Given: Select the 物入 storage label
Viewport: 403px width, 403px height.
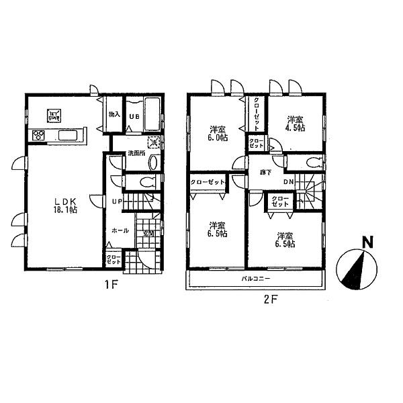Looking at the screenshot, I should tap(114, 115).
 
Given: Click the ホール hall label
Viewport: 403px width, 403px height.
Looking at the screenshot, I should tap(120, 230).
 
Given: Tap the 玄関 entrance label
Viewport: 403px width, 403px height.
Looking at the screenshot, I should tap(148, 234).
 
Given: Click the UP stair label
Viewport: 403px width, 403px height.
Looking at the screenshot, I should tap(117, 201).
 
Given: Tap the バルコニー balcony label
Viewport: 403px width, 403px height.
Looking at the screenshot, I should tap(255, 277).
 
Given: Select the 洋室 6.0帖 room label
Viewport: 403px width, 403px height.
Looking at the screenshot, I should tap(217, 132).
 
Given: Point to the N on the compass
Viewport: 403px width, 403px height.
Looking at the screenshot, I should tap(366, 242).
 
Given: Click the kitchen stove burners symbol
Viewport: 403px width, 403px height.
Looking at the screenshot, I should tap(38, 136).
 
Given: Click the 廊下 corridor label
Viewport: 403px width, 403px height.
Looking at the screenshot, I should tap(265, 172).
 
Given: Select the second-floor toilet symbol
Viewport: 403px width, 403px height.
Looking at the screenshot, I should tap(310, 162).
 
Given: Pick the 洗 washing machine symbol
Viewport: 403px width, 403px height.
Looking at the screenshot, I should tap(153, 142).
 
